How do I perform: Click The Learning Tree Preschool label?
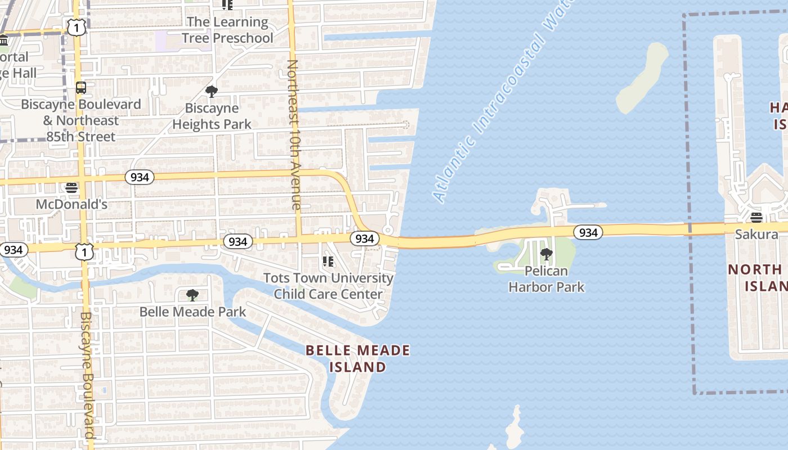pos(227,30)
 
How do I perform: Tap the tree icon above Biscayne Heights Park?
pos(212,91)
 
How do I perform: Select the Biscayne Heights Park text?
pos(212,116)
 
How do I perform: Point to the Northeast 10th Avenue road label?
pos(293,135)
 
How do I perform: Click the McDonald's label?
pos(71,204)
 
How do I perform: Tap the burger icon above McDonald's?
pos(71,187)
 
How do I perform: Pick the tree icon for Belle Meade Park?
pos(192,295)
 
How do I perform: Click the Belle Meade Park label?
pos(192,312)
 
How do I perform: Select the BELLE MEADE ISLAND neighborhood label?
pos(358,359)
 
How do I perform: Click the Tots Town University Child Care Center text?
pos(329,286)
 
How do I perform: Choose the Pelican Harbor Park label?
pos(547,279)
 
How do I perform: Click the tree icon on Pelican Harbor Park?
pos(546,254)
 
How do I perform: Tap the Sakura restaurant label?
pos(756,234)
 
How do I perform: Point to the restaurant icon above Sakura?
pos(756,218)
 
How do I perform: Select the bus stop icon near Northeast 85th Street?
pos(81,88)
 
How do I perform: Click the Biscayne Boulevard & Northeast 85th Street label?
pos(81,120)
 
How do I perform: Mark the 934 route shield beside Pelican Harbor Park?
pos(588,232)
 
